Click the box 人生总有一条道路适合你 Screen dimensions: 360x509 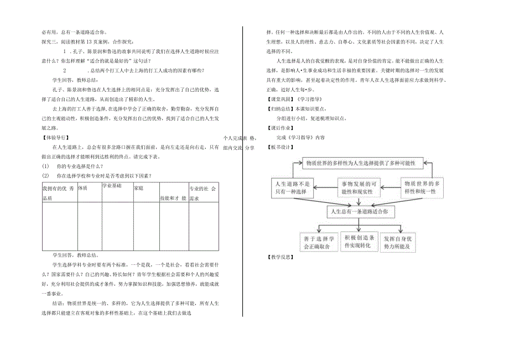click(362, 211)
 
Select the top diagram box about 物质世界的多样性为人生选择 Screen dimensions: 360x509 click(363, 163)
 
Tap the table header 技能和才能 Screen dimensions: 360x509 click(173, 197)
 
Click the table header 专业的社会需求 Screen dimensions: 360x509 click(202, 192)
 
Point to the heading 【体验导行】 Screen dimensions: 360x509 click(56, 137)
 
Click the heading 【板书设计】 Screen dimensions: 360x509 click(279, 148)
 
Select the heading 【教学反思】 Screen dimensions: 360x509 click(279, 258)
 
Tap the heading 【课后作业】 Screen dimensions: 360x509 click(279, 127)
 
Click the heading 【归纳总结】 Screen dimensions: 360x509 click(279, 108)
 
